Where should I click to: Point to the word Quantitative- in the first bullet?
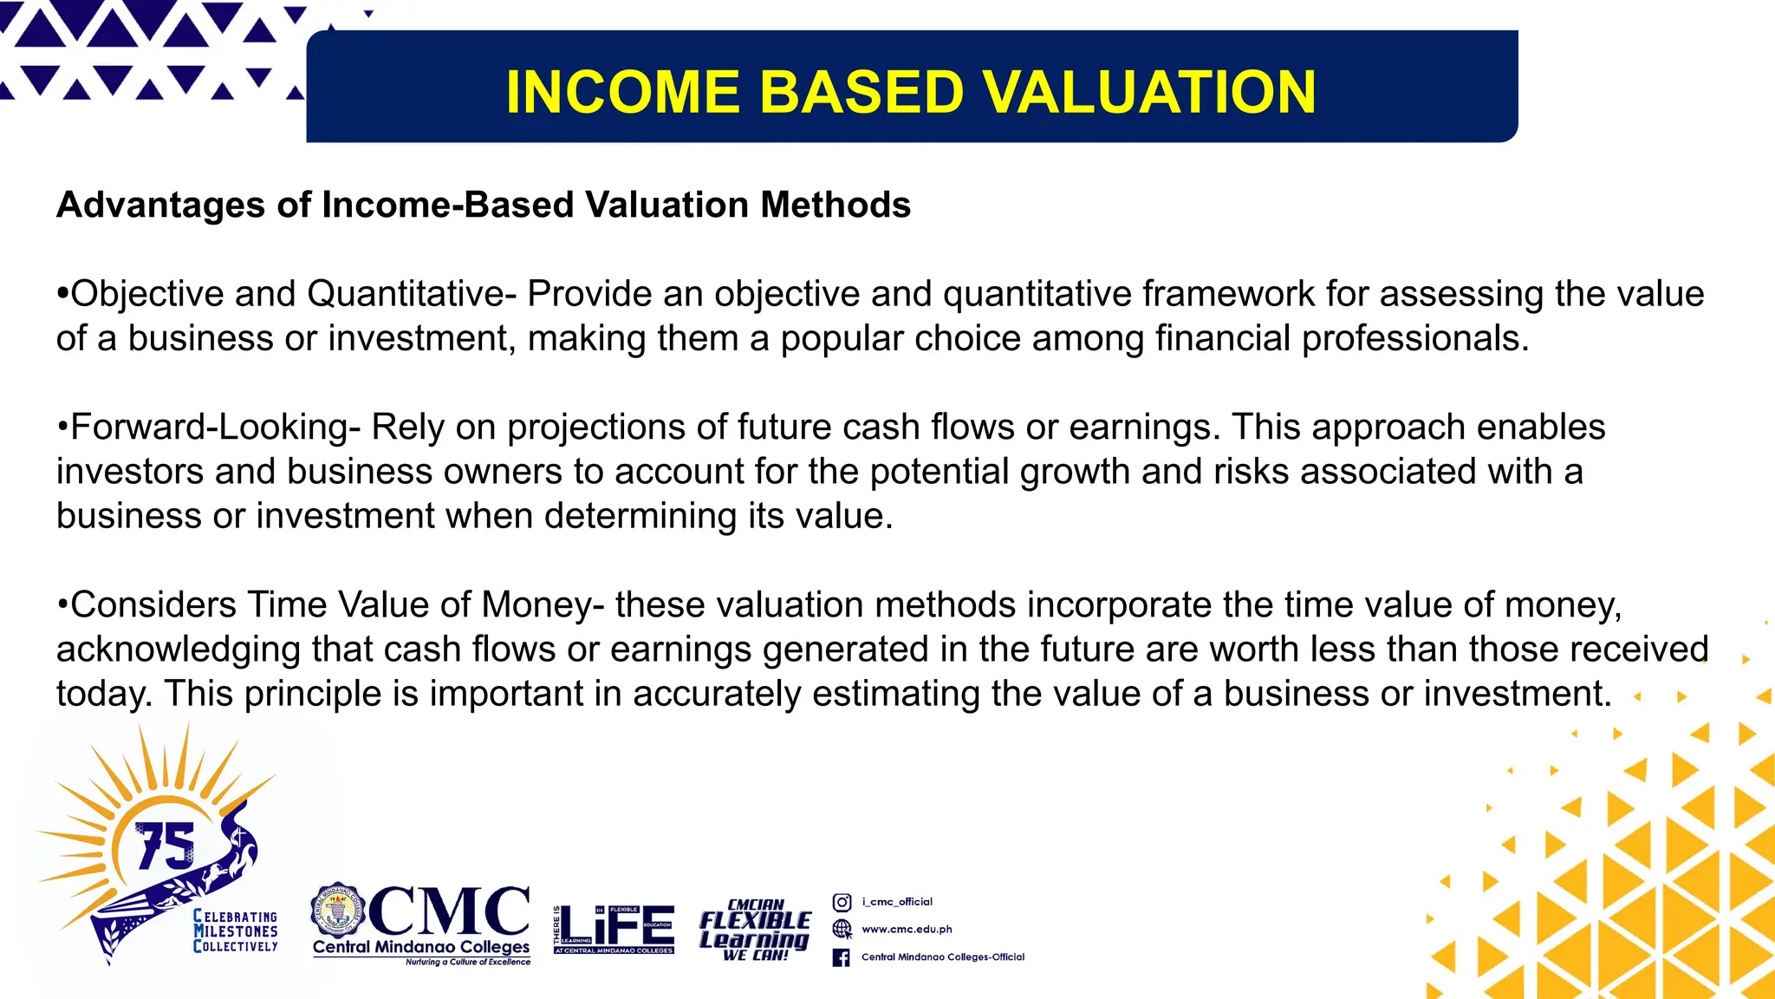[x=412, y=294]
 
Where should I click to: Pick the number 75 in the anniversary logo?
[x=166, y=845]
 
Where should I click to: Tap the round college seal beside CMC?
[x=338, y=912]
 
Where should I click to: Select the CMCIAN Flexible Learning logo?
[x=755, y=930]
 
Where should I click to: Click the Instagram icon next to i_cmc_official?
[x=842, y=902]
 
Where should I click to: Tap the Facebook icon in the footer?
[x=841, y=957]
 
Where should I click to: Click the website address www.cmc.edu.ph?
[x=907, y=930]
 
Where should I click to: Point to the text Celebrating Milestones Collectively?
[x=236, y=931]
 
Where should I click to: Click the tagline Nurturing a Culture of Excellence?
[x=467, y=962]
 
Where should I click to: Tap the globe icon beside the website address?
[x=842, y=929]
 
